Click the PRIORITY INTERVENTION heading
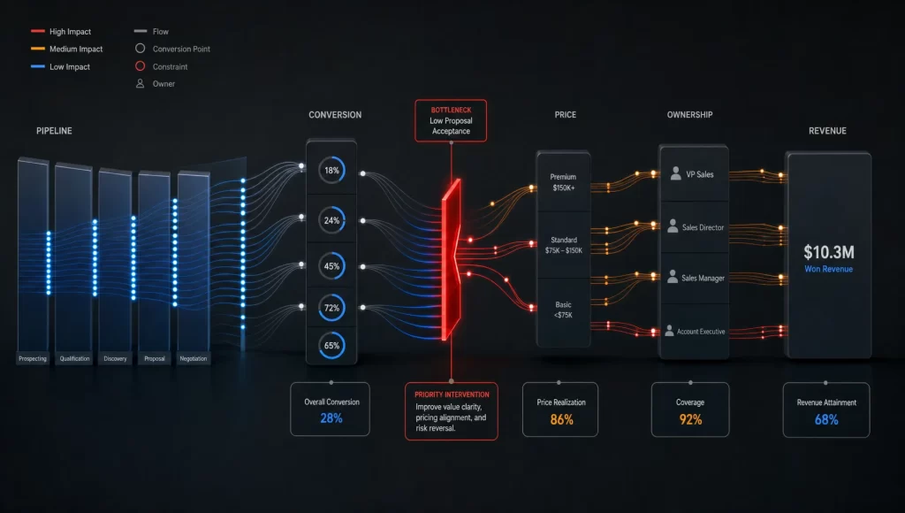(x=452, y=394)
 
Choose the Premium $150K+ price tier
(x=563, y=182)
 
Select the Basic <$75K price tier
(x=563, y=310)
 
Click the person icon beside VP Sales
(x=676, y=173)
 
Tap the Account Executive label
(x=701, y=332)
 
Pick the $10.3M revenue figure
(x=829, y=252)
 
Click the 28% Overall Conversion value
(x=331, y=418)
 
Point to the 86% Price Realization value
(x=561, y=419)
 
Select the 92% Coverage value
(x=690, y=419)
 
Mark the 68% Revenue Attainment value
(x=826, y=419)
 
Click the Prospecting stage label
(x=33, y=359)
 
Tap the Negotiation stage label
(x=194, y=359)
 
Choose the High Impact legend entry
(x=61, y=32)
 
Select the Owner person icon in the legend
(x=140, y=84)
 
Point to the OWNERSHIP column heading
(x=689, y=115)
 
